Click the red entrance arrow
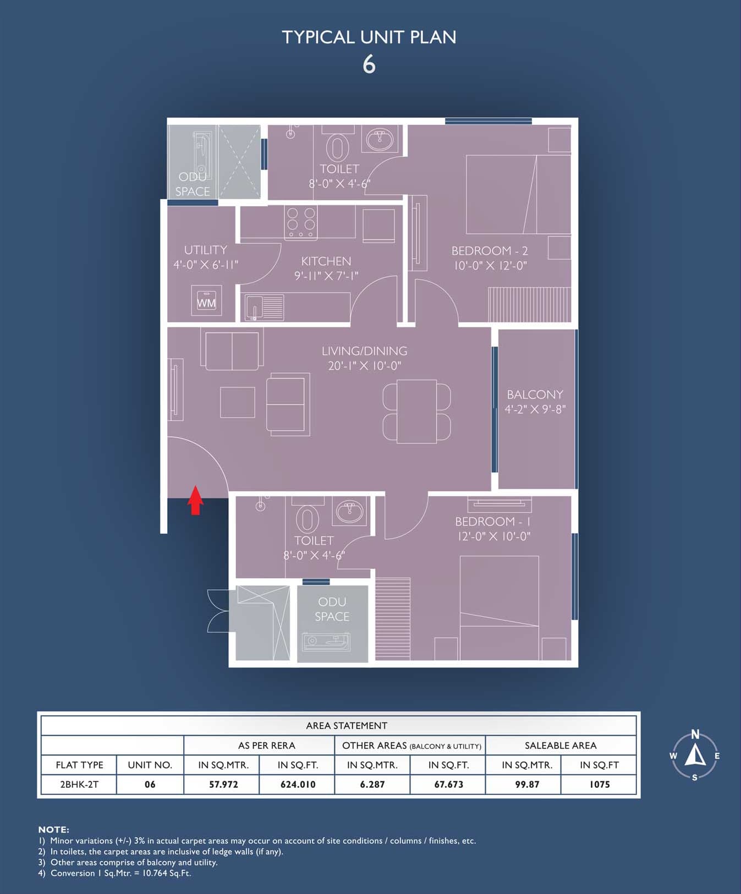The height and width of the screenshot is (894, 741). pyautogui.click(x=195, y=500)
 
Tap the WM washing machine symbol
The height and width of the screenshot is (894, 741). pyautogui.click(x=206, y=300)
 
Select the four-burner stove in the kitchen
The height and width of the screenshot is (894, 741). pyautogui.click(x=301, y=222)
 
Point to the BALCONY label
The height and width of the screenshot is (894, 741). pyautogui.click(x=535, y=394)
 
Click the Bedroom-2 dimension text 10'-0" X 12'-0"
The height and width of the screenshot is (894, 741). pyautogui.click(x=490, y=265)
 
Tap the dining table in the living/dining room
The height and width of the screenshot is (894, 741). pyautogui.click(x=416, y=411)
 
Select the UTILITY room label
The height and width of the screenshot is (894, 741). pyautogui.click(x=205, y=250)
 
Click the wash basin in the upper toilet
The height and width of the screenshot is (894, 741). pyautogui.click(x=380, y=140)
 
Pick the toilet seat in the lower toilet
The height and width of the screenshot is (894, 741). pyautogui.click(x=307, y=520)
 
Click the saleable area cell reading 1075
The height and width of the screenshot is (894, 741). pyautogui.click(x=599, y=785)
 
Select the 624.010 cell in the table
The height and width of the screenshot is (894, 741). pyautogui.click(x=298, y=785)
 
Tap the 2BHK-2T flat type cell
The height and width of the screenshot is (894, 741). pyautogui.click(x=79, y=785)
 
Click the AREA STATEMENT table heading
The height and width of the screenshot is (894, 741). pyautogui.click(x=347, y=726)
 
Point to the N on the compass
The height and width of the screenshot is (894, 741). pyautogui.click(x=695, y=734)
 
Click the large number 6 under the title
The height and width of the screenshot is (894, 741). pyautogui.click(x=369, y=64)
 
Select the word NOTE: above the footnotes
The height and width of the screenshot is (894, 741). pyautogui.click(x=54, y=830)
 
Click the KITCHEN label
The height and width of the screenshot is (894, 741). pyautogui.click(x=326, y=261)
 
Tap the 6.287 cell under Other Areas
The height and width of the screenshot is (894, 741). pyautogui.click(x=372, y=785)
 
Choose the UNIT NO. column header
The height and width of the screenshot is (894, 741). pyautogui.click(x=150, y=765)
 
